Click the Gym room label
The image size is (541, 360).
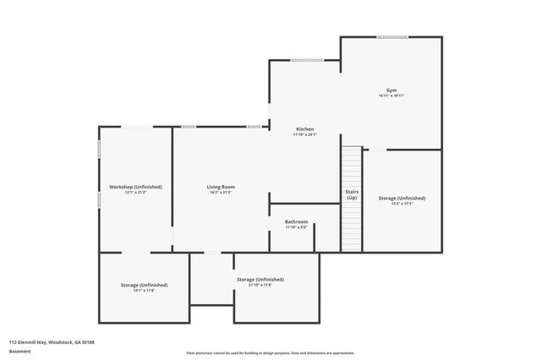[x=391, y=90]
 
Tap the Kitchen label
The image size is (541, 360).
[x=304, y=128]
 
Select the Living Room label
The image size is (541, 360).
[x=221, y=186]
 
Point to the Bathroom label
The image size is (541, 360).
[x=296, y=221]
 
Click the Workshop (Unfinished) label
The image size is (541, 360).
[x=135, y=186]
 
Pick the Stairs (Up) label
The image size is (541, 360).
[x=352, y=194]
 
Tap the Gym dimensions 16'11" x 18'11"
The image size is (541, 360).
[x=391, y=95]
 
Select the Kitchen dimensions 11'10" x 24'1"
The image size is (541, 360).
[x=304, y=134]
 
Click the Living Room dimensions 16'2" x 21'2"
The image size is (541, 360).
[x=221, y=192]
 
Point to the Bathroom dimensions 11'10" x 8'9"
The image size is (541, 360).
[x=296, y=226]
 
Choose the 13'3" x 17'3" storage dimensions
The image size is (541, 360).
[x=402, y=204]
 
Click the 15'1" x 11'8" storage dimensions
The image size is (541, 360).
[x=144, y=291]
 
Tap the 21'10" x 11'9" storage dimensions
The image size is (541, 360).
[x=260, y=285]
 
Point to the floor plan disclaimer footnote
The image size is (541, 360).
[x=270, y=352]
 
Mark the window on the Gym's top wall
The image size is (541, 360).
[x=391, y=37]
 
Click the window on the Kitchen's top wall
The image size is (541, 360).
[x=306, y=60]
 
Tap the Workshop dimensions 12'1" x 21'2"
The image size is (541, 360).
[x=135, y=192]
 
